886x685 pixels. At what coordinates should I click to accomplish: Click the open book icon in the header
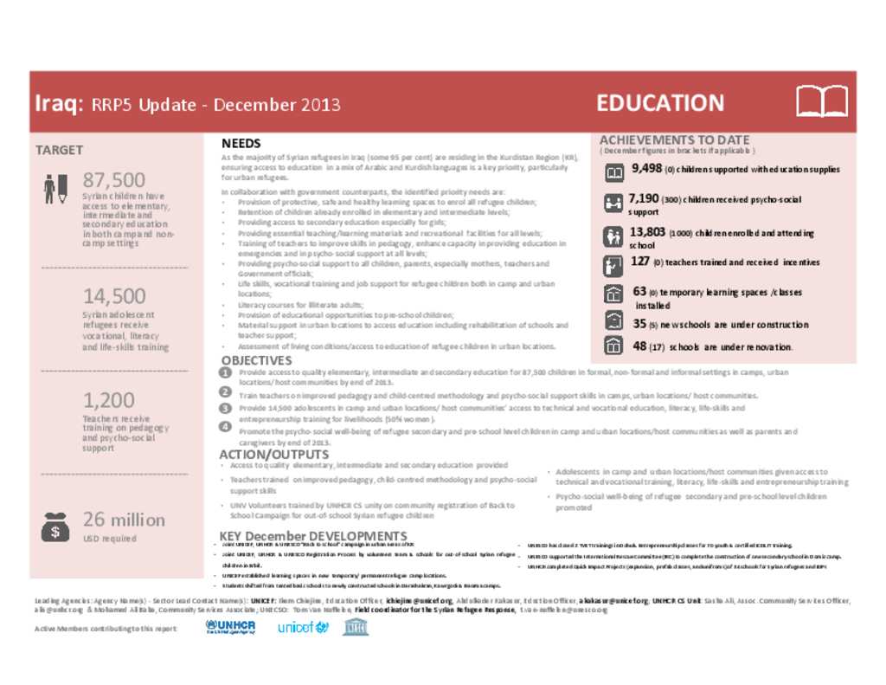(x=821, y=102)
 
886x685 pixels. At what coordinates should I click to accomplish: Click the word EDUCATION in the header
(x=660, y=103)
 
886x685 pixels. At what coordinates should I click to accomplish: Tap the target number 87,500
(x=114, y=180)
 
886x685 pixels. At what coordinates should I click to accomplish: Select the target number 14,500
(x=114, y=296)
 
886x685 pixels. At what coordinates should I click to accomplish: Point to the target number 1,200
(x=109, y=400)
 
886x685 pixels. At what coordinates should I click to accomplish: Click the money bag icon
(x=55, y=526)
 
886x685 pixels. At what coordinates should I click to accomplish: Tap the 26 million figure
(x=124, y=520)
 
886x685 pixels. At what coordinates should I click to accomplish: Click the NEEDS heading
(x=241, y=143)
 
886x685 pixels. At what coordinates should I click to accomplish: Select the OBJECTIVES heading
(x=256, y=360)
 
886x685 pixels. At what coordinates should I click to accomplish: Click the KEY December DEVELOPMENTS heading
(x=313, y=536)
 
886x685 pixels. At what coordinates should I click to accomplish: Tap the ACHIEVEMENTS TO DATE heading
(x=674, y=139)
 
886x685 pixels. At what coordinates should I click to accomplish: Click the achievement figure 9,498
(x=646, y=169)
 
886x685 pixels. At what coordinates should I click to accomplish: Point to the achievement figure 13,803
(x=647, y=232)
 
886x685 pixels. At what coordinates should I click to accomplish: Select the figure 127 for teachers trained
(x=640, y=262)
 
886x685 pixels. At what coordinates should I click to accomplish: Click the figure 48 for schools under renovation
(x=639, y=346)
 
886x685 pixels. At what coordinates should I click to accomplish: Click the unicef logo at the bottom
(x=303, y=627)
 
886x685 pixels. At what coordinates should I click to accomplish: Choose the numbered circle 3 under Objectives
(x=226, y=408)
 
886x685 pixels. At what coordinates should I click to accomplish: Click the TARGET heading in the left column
(x=59, y=150)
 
